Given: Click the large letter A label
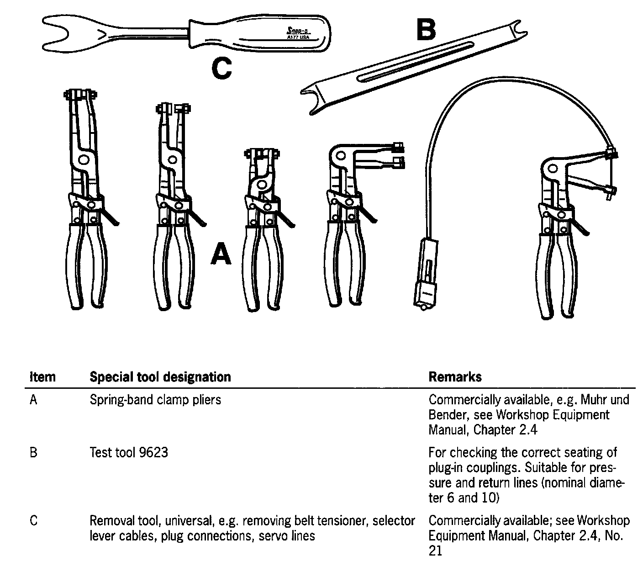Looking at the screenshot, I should point(221,254).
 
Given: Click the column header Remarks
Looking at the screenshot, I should point(455,377).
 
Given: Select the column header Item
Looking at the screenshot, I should point(42,377).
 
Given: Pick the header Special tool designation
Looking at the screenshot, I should point(160,377).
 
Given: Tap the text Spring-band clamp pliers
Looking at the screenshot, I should point(155,400).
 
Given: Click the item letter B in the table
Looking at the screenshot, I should point(33,452).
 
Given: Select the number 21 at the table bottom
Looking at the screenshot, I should point(435,551).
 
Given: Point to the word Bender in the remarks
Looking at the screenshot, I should point(447,415).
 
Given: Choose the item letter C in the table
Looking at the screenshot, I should point(33,520).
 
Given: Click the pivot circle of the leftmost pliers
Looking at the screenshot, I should point(83,159).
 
